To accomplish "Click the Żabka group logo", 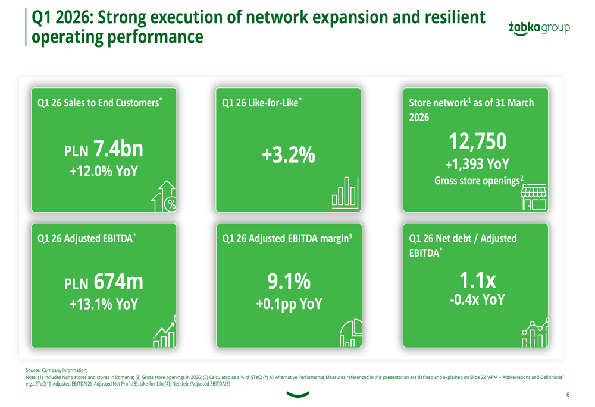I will tap(540, 28).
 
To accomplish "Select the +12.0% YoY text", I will tap(104, 172).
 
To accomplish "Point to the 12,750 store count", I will tap(478, 141).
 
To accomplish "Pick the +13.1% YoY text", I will tap(104, 304).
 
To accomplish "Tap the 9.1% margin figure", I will tap(289, 282).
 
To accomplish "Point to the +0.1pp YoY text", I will tap(289, 304).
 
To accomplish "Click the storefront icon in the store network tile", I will tap(534, 198).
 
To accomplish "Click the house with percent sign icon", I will tap(165, 197).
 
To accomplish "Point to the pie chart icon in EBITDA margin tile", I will tap(351, 333).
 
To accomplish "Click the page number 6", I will tap(568, 395).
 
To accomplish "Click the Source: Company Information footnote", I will tap(57, 370).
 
